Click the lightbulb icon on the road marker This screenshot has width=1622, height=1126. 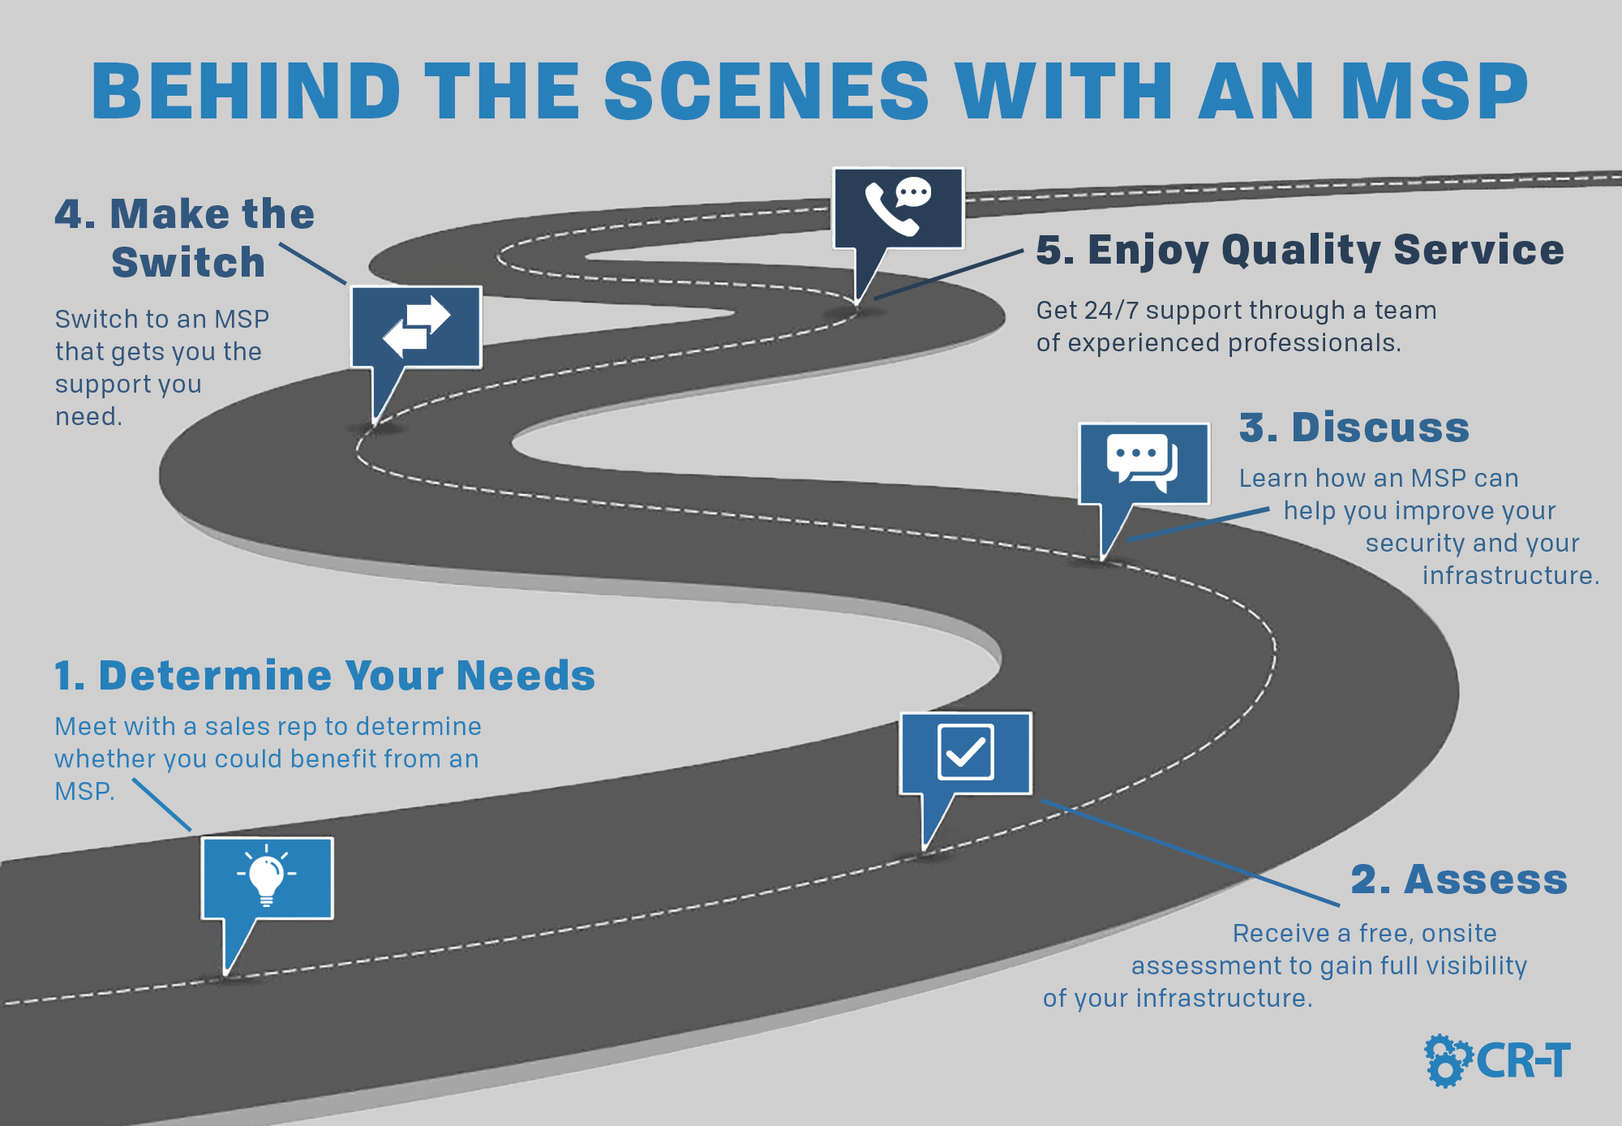266,875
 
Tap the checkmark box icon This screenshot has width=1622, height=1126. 965,752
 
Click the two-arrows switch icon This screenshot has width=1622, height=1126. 416,326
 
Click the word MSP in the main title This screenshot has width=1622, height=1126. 1434,91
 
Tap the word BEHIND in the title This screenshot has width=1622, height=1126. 247,91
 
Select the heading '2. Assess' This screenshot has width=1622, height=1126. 1459,879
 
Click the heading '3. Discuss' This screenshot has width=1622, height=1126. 1354,428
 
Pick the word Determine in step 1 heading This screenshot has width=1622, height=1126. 216,675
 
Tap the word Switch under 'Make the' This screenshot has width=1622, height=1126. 188,263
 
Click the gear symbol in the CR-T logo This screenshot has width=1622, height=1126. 1448,1060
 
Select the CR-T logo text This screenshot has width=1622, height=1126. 1523,1061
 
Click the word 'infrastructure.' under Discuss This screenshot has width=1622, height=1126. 1510,575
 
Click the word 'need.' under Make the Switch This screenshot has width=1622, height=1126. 88,417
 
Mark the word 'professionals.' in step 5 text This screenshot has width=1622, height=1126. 1315,344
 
